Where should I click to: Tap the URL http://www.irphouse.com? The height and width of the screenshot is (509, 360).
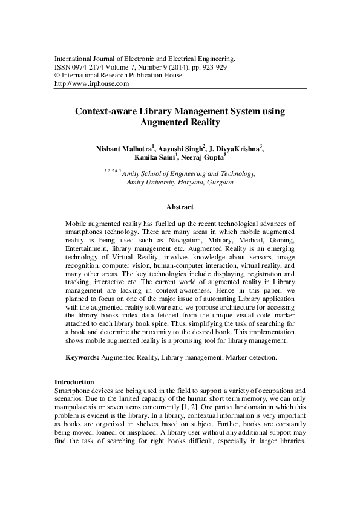[x=92, y=84]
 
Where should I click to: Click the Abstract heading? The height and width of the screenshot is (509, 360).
[x=180, y=207]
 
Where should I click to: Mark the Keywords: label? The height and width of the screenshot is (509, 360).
[x=82, y=358]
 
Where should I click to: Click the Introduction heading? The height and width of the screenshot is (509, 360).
[x=74, y=382]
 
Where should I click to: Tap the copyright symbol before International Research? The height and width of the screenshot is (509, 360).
[x=57, y=76]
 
